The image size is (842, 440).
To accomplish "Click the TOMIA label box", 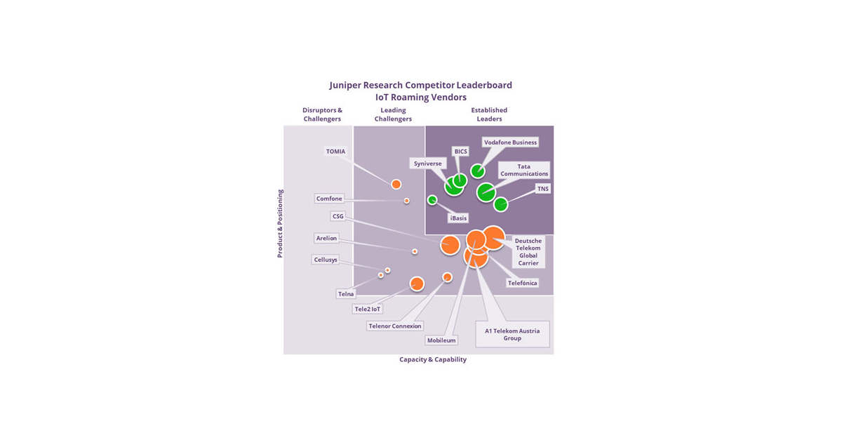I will tap(335, 152).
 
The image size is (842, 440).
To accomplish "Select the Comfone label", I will tap(329, 199).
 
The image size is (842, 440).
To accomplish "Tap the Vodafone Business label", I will tap(510, 142).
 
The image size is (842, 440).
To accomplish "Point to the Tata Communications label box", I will tap(523, 170).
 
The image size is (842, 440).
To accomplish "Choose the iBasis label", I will tap(458, 218).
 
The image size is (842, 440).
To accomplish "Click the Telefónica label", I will tap(523, 283).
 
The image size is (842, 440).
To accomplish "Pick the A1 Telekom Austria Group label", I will tap(512, 334).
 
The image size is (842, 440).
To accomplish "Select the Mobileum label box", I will tap(441, 340).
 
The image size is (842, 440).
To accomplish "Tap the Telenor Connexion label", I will tap(395, 326).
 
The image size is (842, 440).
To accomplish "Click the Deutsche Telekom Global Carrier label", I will tap(528, 252).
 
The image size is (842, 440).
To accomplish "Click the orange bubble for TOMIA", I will tap(396, 184).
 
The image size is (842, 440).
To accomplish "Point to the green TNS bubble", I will tap(500, 204).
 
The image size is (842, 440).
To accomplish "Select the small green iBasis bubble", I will tap(432, 200).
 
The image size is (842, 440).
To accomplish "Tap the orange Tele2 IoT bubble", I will tap(417, 284).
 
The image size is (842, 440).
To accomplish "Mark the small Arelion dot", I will tap(415, 251).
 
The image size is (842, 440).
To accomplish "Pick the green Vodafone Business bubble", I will tap(477, 171).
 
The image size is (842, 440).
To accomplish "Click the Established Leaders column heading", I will tap(489, 114).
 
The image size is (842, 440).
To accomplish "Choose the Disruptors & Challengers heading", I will tap(322, 114).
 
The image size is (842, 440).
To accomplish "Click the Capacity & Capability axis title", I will tap(433, 359).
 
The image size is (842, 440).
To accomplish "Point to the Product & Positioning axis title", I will tap(280, 223).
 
